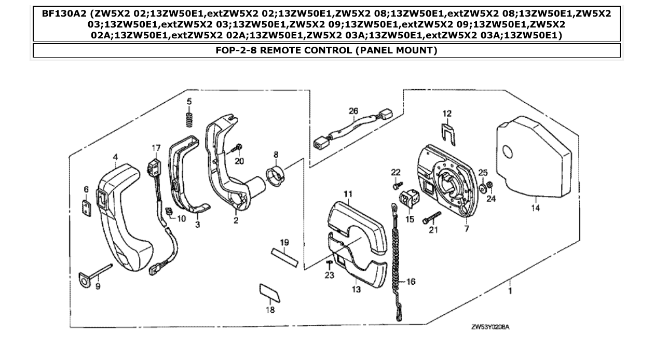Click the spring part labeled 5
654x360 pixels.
point(189,119)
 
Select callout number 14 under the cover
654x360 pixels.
point(535,208)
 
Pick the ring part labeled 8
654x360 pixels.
point(275,173)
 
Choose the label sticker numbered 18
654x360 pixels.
point(270,292)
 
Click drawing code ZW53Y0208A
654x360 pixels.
point(490,327)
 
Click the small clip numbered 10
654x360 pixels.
point(168,212)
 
